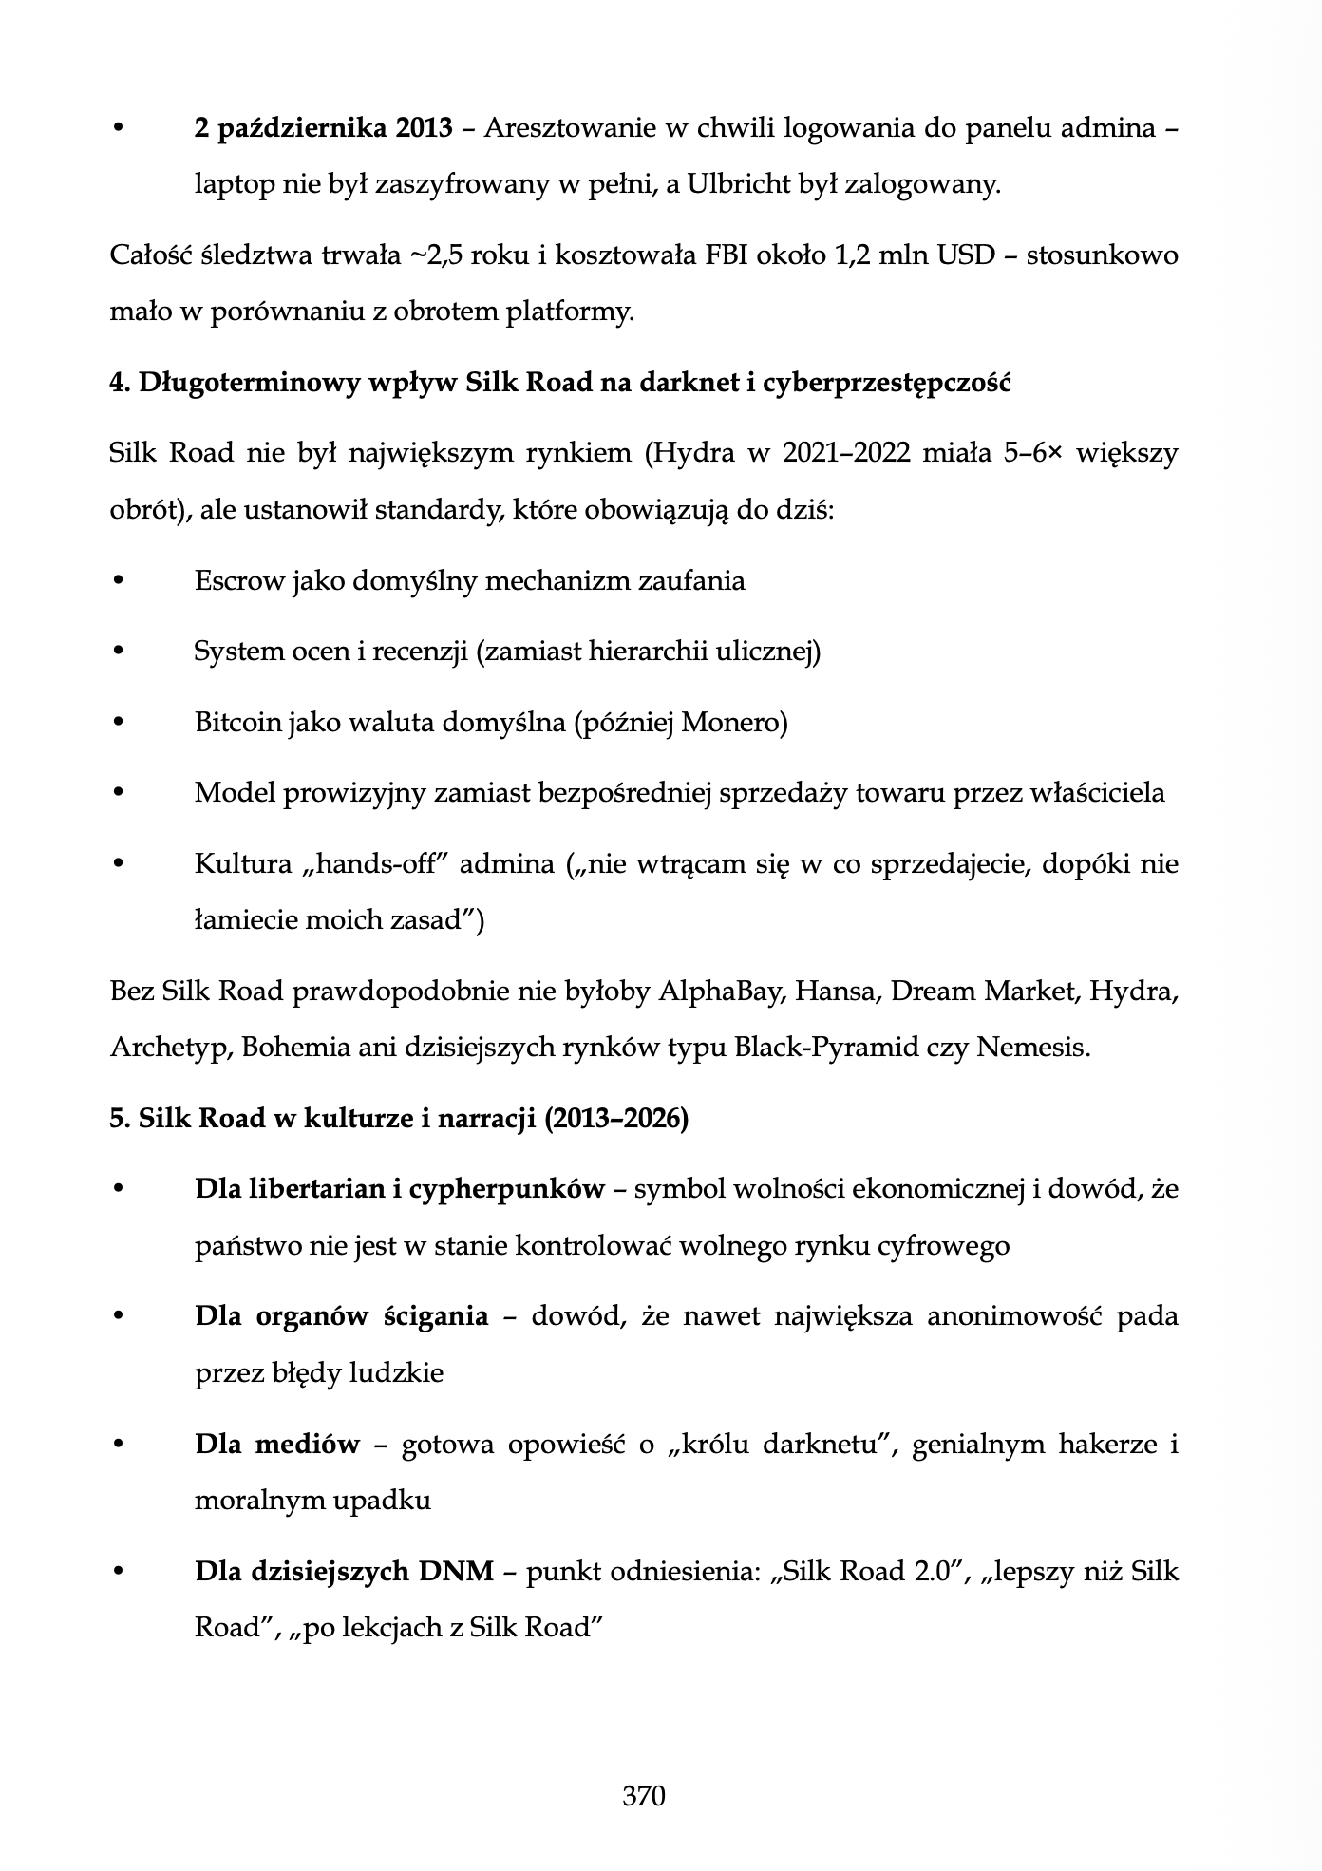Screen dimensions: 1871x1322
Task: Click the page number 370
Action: [x=643, y=1795]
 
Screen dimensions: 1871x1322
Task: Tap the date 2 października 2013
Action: [x=323, y=128]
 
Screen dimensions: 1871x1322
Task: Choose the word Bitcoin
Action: [x=238, y=723]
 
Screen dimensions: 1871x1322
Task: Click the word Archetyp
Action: [x=170, y=1048]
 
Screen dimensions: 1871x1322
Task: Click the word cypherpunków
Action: [x=506, y=1189]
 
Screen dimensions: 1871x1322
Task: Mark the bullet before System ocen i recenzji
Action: [x=118, y=652]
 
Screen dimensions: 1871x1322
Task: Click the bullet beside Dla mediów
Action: [x=118, y=1445]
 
